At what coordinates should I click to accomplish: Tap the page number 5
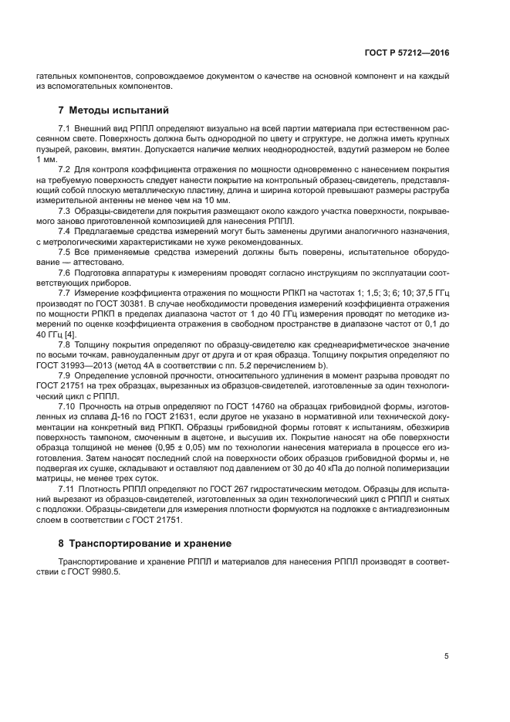click(446, 656)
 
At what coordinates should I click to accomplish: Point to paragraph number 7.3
click(65, 211)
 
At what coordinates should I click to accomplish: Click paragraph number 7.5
click(65, 252)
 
